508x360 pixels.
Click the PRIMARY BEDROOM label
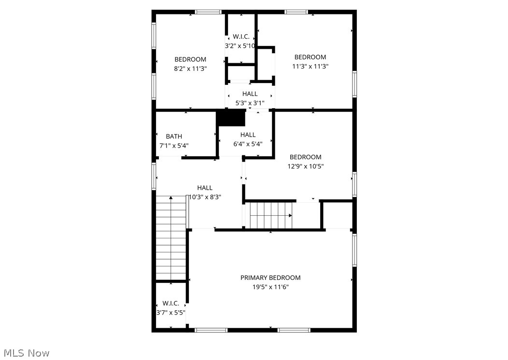(x=270, y=277)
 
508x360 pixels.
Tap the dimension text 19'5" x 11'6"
(x=270, y=287)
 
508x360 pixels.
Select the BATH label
(x=174, y=137)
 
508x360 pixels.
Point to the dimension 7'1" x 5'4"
(x=174, y=145)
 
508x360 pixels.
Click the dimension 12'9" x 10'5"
(x=305, y=166)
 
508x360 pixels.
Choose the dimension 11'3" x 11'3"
(x=310, y=66)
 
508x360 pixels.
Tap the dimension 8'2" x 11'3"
(x=190, y=69)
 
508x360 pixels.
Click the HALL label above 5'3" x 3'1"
(x=250, y=94)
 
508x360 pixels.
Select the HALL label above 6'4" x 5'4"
(x=248, y=135)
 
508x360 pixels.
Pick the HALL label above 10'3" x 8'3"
(x=205, y=188)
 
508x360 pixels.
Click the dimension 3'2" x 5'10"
(x=240, y=46)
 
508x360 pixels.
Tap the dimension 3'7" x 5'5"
(x=171, y=312)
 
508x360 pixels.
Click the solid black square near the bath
(x=231, y=118)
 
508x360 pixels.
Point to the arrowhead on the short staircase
(x=291, y=215)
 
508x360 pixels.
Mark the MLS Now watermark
(x=25, y=353)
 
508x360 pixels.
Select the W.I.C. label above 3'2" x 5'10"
(x=241, y=37)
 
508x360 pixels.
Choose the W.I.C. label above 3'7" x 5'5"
(x=171, y=304)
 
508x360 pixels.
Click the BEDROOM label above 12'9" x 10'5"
(x=305, y=157)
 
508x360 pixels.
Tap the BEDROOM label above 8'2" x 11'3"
(x=190, y=59)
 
